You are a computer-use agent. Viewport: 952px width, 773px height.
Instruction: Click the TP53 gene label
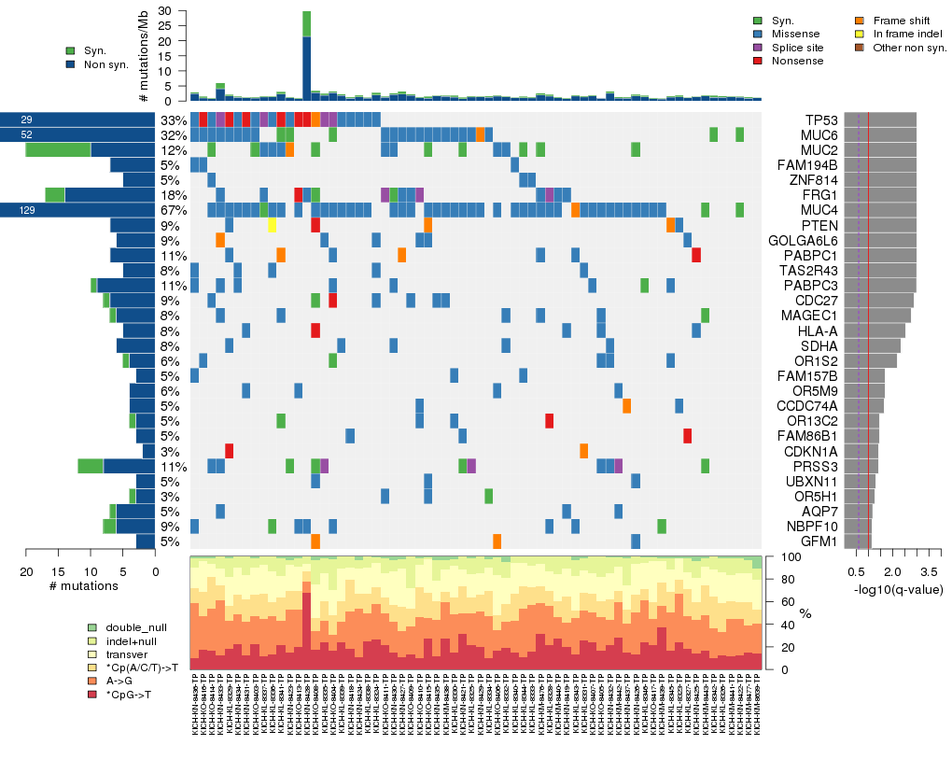(x=821, y=120)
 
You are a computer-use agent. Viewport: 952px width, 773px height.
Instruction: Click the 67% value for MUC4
(x=173, y=210)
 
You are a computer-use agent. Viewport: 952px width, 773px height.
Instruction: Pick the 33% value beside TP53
(x=173, y=120)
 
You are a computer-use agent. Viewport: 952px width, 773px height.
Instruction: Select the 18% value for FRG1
(x=173, y=195)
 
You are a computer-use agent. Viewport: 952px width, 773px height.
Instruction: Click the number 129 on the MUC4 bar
(x=26, y=211)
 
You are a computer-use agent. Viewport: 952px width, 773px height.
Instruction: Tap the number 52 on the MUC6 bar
(x=26, y=135)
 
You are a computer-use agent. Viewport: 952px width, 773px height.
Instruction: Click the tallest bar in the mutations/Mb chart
(x=307, y=56)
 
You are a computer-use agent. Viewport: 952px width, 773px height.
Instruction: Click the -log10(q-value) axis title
(x=897, y=589)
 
